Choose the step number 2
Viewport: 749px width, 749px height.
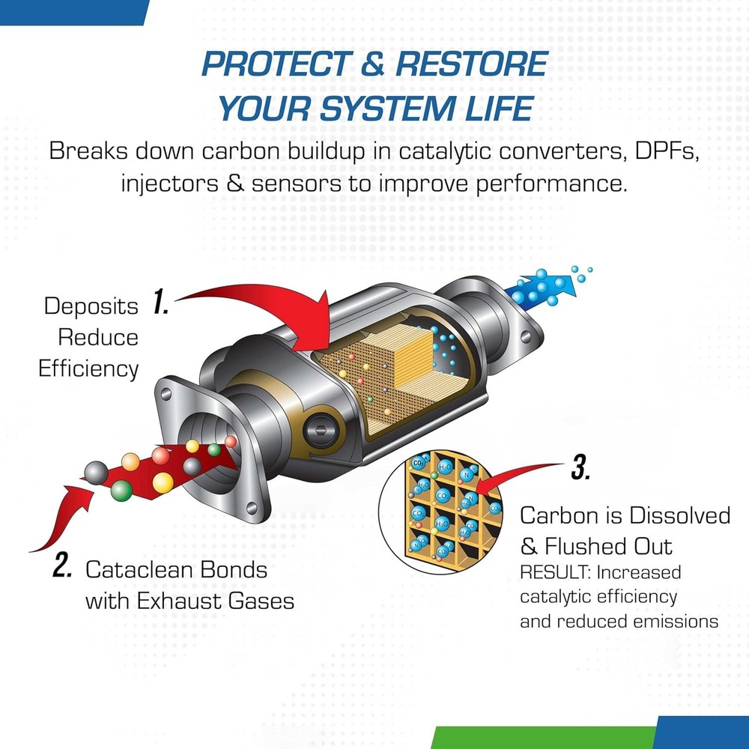[x=62, y=567]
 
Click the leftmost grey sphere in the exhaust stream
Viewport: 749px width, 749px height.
[x=96, y=472]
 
